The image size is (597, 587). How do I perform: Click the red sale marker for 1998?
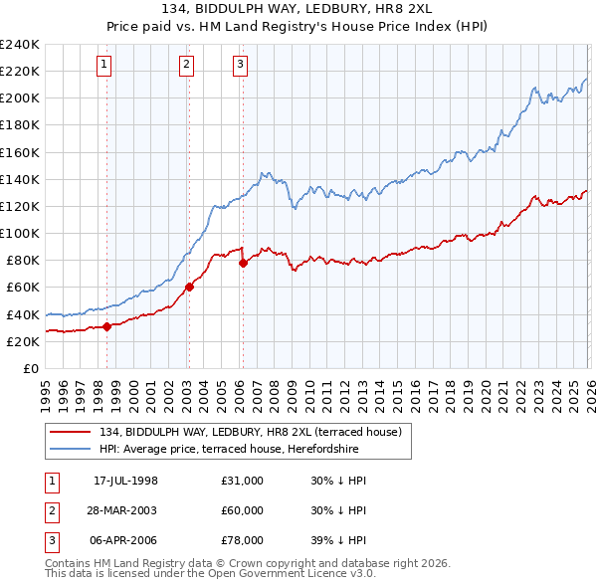[x=106, y=326]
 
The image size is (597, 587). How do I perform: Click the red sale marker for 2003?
[x=189, y=288]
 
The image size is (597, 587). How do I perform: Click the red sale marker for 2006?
[x=242, y=263]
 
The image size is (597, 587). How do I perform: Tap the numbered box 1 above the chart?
[x=104, y=65]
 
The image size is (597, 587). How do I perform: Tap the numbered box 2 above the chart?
[x=186, y=65]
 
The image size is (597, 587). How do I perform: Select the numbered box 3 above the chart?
[x=240, y=65]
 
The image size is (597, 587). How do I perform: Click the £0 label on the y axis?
[x=31, y=368]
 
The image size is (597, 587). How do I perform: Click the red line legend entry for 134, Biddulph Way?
[x=249, y=432]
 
